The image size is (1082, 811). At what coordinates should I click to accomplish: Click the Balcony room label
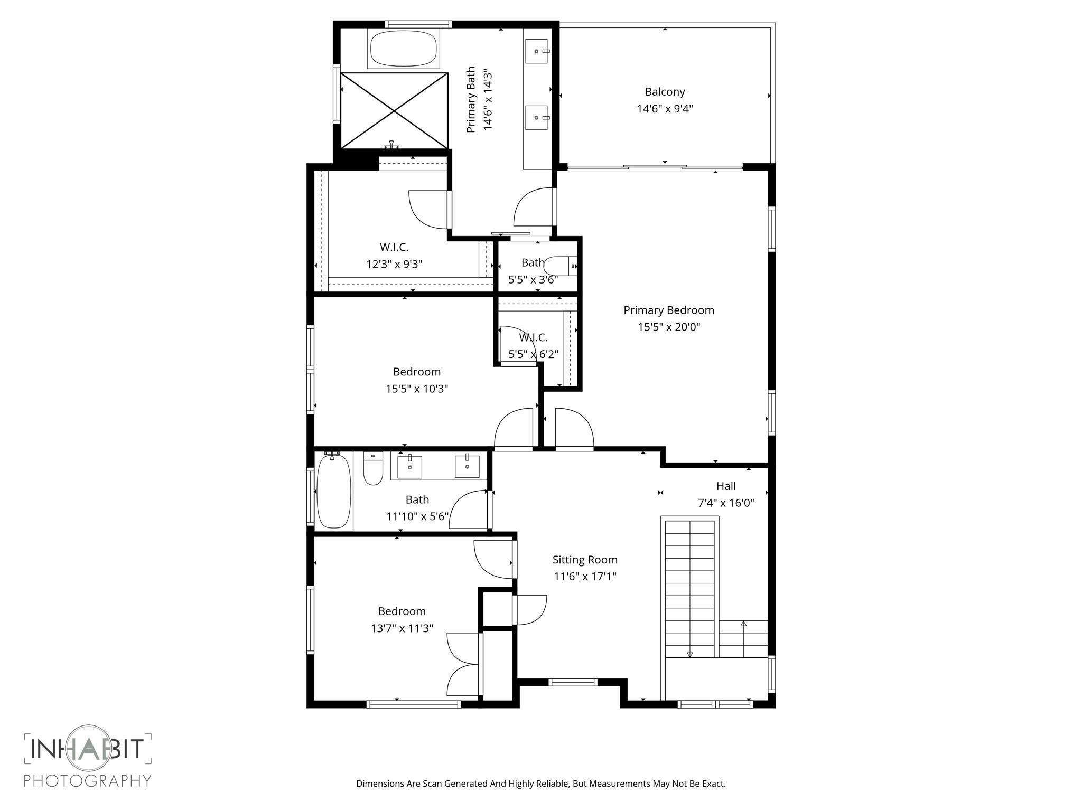pos(665,92)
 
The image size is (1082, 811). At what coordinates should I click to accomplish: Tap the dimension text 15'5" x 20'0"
pos(668,327)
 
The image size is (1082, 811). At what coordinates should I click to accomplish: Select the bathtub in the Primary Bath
pos(404,49)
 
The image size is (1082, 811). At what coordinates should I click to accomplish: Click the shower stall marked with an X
pos(394,110)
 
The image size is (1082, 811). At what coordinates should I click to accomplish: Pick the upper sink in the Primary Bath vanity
pos(537,51)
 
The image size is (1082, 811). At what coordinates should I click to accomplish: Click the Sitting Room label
pos(585,560)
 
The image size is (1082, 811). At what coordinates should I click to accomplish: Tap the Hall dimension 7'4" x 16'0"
pos(725,503)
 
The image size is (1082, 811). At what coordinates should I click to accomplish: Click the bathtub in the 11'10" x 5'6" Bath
pos(333,492)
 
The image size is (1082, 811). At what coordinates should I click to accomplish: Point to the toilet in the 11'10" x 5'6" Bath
pos(373,469)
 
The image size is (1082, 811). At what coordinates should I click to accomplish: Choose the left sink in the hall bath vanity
pos(409,467)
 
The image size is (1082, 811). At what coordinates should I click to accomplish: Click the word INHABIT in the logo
pos(88,749)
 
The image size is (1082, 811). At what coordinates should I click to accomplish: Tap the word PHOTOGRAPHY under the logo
pos(88,780)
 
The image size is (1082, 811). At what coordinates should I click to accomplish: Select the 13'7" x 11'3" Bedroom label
pos(402,611)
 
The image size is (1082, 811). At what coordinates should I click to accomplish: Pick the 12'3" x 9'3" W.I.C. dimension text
pos(394,264)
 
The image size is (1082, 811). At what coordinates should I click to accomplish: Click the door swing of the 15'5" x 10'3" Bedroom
pos(514,429)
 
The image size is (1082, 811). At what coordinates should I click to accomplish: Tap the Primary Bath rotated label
pos(471,99)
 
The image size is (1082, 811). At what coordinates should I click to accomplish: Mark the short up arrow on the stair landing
pos(743,626)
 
